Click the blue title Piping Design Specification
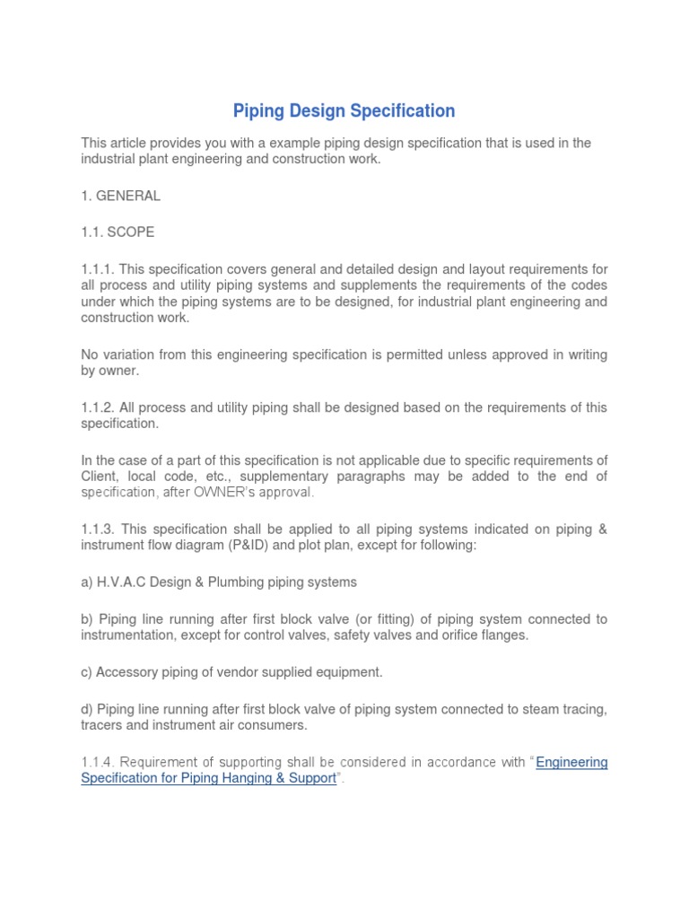(344, 111)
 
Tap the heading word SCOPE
(131, 232)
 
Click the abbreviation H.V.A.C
(122, 582)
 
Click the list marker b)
(88, 619)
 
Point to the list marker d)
(88, 709)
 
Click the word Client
(101, 477)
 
